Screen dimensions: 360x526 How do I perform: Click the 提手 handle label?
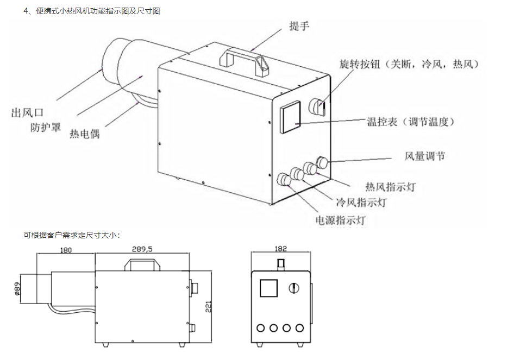point(299,26)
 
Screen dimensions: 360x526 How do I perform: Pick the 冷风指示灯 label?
point(361,203)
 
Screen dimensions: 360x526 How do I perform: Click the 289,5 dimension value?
point(142,249)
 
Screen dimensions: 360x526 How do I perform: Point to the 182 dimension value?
point(280,249)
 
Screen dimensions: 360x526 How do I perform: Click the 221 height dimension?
point(208,308)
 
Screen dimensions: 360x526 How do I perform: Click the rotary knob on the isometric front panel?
point(317,106)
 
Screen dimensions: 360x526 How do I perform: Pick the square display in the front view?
point(268,287)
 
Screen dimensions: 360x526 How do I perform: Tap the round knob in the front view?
point(294,287)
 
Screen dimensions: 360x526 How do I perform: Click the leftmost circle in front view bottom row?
point(261,328)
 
